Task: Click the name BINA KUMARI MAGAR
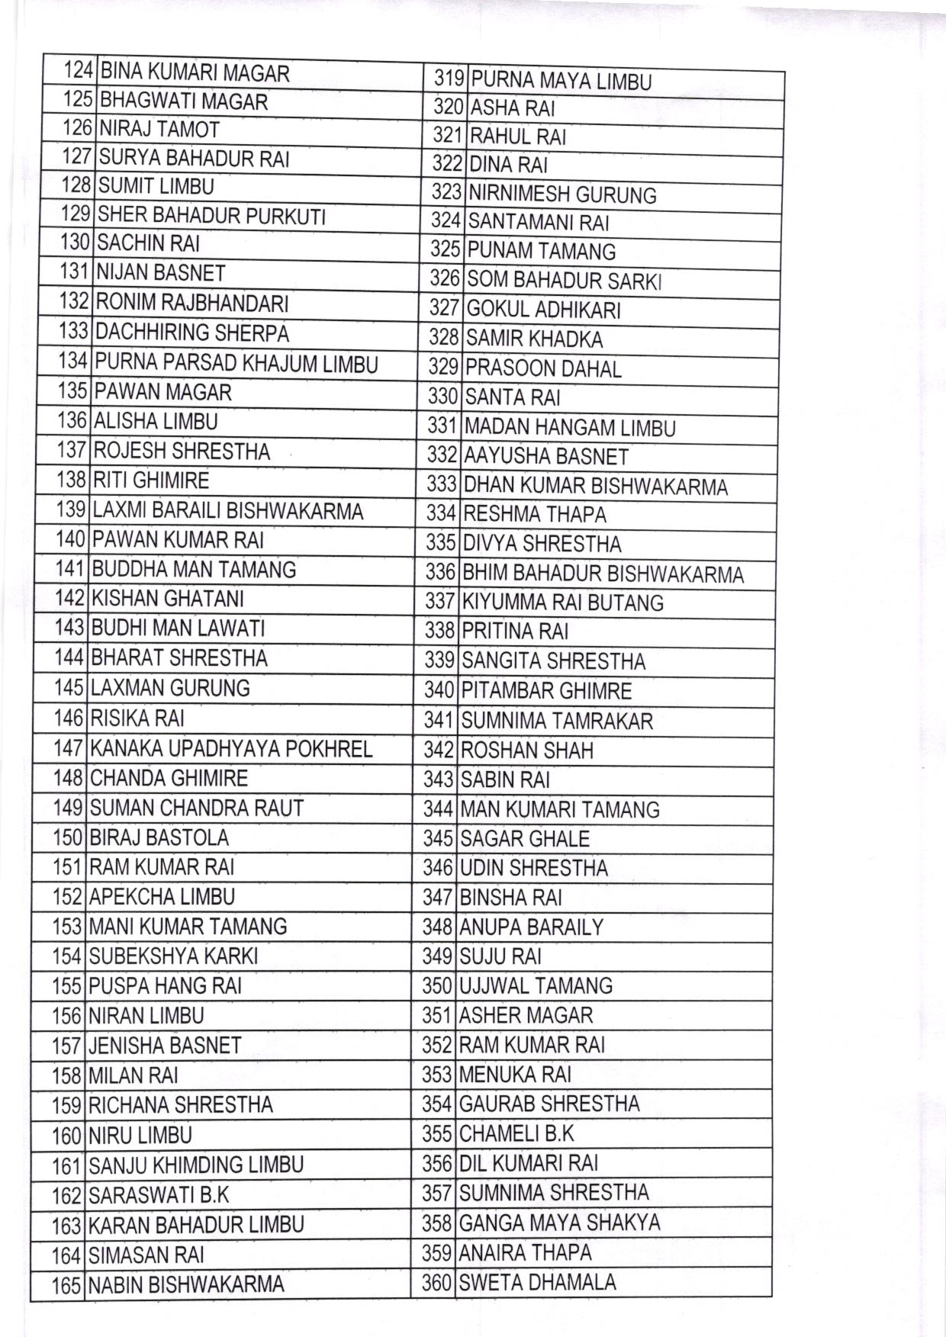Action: pos(195,73)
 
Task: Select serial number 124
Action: pos(78,72)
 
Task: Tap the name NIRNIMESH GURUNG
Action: pos(562,194)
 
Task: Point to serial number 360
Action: pos(437,1283)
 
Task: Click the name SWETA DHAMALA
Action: pos(537,1282)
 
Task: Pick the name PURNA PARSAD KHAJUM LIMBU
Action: pos(236,363)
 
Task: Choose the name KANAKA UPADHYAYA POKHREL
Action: pos(231,748)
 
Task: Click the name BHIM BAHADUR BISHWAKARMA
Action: pos(603,573)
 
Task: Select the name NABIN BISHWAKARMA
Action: pos(186,1284)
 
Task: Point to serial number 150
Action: pos(68,837)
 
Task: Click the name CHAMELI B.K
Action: pos(516,1133)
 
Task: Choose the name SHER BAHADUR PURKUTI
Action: pos(212,216)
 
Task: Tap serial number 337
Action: pos(440,602)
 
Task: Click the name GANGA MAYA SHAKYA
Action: pos(559,1223)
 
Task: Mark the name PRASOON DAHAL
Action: pos(543,368)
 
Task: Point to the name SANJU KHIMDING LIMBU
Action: pos(196,1165)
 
